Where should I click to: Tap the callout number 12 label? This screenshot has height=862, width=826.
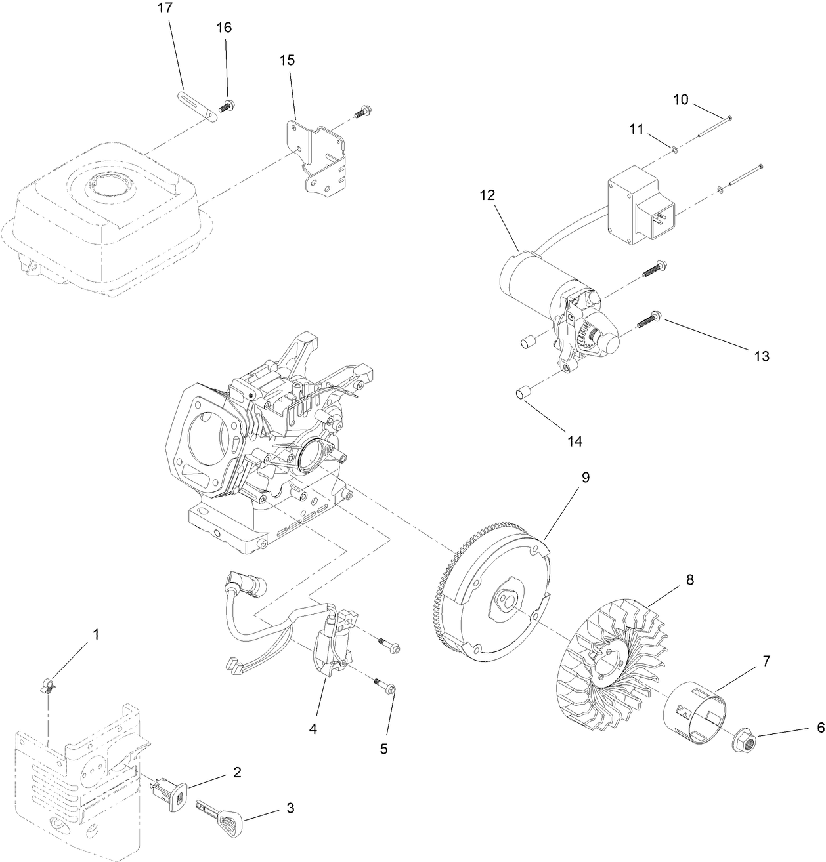(x=487, y=195)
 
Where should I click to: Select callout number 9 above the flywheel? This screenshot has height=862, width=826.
(x=586, y=478)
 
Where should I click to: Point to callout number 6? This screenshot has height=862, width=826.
(x=820, y=728)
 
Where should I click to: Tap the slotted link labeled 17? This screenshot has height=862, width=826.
(x=196, y=107)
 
